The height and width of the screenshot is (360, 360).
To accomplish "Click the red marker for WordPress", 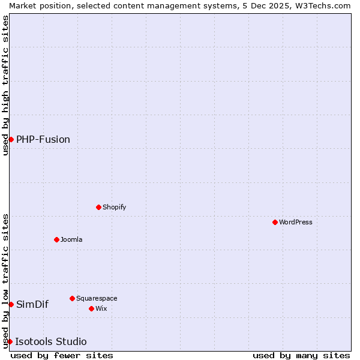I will [275, 222].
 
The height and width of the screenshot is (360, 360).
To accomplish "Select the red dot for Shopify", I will [98, 207].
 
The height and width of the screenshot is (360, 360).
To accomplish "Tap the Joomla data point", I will [56, 239].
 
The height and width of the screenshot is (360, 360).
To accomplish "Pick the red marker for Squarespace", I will [72, 298].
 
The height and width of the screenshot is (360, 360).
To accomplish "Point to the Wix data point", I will [91, 308].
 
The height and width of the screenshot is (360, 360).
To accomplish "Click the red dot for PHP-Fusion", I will [11, 139].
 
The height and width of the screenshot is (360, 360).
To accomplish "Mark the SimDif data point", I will [11, 304].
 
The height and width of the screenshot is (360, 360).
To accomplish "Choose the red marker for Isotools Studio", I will [10, 341].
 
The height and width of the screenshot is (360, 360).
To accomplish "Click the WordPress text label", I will [296, 222].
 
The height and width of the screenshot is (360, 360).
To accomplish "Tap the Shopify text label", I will [114, 207].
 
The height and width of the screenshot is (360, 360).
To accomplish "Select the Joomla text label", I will [71, 239].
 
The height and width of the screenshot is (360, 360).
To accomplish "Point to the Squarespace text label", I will [97, 298].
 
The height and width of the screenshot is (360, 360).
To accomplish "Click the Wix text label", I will [101, 308].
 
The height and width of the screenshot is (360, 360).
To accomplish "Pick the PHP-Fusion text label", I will [43, 139].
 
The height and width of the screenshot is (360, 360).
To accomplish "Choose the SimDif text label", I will [32, 304].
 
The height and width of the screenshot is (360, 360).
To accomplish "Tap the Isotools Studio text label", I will [51, 341].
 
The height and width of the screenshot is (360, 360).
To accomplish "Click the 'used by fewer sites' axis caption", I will [62, 355].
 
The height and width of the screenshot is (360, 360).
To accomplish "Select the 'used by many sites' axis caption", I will [301, 355].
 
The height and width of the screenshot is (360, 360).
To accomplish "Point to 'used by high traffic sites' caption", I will [5, 85].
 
